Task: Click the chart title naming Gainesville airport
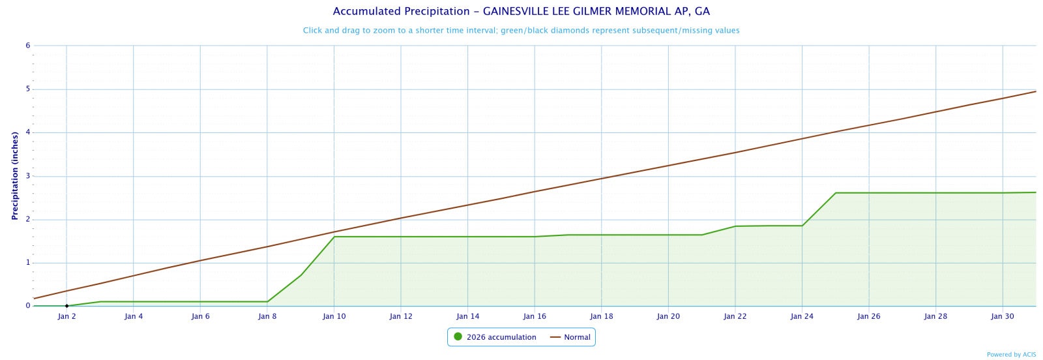521,12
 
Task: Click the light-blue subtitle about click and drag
521,31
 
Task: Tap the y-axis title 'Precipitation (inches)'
14,175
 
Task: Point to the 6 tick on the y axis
28,46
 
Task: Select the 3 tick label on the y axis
28,176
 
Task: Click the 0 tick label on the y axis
28,306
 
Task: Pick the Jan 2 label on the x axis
66,316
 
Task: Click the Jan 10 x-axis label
334,316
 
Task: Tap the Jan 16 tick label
535,316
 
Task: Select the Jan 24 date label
802,316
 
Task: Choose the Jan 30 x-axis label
1003,316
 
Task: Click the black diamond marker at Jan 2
66,306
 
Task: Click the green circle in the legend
458,337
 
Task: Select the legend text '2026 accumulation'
501,337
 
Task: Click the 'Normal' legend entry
577,337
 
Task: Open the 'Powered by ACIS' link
1011,355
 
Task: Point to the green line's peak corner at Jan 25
836,193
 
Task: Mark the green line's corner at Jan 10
334,237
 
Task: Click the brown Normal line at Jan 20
668,166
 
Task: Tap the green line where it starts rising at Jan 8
267,301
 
